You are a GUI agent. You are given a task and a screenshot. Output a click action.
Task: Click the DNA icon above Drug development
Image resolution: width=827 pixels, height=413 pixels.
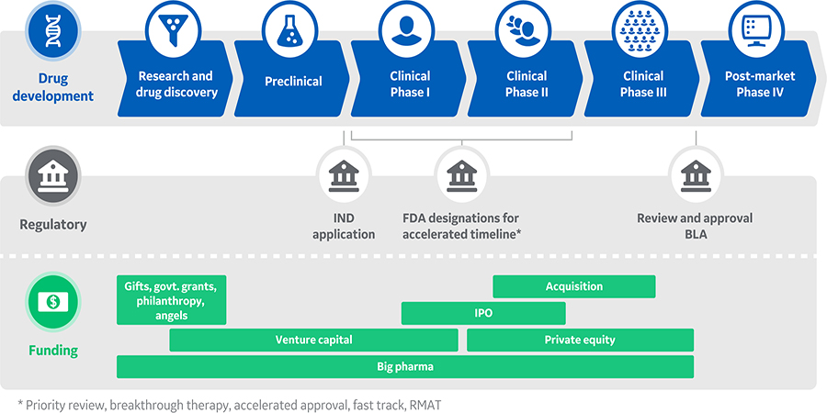[52, 30]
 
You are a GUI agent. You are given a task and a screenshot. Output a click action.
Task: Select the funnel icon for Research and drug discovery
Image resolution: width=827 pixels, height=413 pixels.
[176, 30]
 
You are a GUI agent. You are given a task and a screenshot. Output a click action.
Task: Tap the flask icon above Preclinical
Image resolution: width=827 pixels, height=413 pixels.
[293, 30]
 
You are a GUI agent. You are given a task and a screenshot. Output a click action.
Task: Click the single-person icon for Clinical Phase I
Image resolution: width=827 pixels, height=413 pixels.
[409, 30]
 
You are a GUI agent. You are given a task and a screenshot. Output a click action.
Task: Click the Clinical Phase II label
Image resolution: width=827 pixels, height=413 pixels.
[526, 84]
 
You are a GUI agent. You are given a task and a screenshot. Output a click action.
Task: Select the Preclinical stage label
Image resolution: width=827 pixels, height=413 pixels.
[293, 82]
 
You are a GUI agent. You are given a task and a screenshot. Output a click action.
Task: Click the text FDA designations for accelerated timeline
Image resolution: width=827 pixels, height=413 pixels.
[460, 226]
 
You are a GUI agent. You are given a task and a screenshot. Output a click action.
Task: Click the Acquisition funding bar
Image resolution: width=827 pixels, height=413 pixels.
[573, 286]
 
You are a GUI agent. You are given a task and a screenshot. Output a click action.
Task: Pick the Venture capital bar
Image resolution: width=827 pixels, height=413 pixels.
[313, 340]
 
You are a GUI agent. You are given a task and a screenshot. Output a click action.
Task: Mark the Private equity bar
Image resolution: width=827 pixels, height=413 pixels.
[579, 340]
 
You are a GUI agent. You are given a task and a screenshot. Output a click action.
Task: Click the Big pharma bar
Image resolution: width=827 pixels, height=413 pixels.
[404, 366]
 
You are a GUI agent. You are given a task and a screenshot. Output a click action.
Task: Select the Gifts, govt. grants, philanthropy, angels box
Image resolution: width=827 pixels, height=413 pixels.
[171, 300]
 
